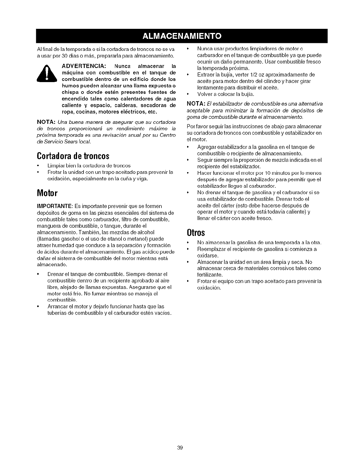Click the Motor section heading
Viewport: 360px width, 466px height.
pyautogui.click(x=47, y=193)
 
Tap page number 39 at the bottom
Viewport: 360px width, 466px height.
pyautogui.click(x=180, y=448)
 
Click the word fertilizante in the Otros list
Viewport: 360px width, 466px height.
pyautogui.click(x=210, y=275)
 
